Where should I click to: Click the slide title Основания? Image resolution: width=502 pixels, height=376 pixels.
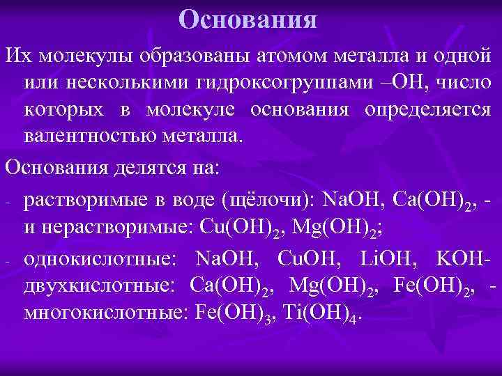[248, 19]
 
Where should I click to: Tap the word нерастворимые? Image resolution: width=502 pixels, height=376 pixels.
[116, 226]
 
